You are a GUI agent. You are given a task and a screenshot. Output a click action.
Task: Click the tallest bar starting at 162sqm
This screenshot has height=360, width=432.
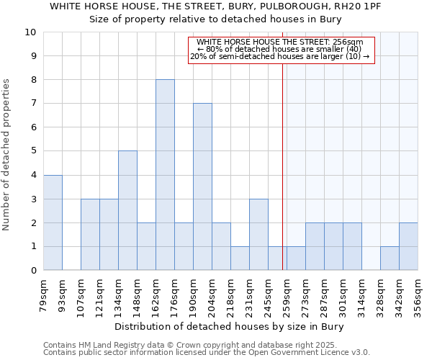[x=165, y=175]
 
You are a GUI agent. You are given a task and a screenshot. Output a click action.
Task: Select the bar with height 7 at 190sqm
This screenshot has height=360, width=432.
[x=202, y=186]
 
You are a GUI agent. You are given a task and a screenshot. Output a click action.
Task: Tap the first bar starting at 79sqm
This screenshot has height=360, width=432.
[x=53, y=222]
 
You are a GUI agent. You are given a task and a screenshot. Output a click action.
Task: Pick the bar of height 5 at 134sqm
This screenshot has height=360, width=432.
[x=127, y=210]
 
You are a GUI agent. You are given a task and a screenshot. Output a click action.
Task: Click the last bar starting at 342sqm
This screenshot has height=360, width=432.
[x=408, y=246]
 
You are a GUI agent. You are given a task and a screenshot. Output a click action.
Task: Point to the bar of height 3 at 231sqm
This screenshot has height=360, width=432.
[x=258, y=234]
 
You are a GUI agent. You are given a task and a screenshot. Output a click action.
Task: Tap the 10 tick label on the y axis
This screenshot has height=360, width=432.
[x=30, y=32]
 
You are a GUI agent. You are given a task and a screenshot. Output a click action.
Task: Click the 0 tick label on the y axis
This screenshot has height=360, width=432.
[x=33, y=271]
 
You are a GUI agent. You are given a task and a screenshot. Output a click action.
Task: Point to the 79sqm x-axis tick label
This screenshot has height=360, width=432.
[x=43, y=292]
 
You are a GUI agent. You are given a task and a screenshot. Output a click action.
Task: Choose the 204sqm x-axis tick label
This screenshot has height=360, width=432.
[x=212, y=292]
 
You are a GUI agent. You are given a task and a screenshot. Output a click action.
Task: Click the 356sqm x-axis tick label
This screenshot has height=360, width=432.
[x=418, y=292]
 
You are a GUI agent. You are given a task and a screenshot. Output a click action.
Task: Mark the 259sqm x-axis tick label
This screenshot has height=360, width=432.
[x=287, y=292]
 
